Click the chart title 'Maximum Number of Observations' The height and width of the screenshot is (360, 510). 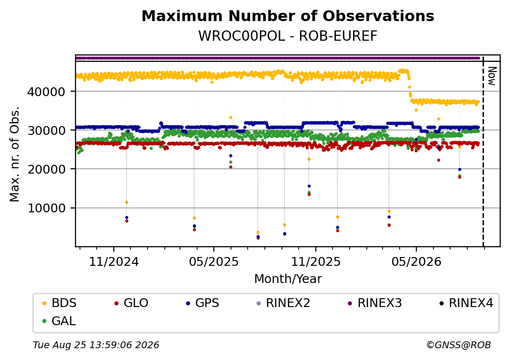(288, 16)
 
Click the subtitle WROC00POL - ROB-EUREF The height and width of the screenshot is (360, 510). (288, 36)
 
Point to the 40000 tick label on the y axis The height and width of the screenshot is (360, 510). (46, 92)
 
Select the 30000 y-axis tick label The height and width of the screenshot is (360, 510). (46, 130)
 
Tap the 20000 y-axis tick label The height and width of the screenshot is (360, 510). (46, 169)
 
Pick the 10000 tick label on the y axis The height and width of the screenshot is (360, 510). (46, 208)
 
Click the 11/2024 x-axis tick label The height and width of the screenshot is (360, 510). (114, 261)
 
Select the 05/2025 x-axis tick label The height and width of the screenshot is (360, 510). (214, 261)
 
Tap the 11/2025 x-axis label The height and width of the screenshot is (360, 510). (315, 261)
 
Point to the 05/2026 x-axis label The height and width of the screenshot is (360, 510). (416, 261)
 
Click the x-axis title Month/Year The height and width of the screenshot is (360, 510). (288, 279)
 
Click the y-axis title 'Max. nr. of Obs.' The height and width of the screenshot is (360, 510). (14, 154)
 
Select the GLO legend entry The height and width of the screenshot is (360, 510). (131, 303)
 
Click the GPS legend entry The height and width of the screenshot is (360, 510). (203, 303)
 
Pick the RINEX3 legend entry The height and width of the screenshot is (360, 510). (375, 303)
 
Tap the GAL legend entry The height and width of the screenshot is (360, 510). (59, 321)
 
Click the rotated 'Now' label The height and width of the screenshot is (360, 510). (492, 76)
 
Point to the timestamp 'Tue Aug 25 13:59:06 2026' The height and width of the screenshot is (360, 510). (96, 345)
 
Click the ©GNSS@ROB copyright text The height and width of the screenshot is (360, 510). (459, 345)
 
